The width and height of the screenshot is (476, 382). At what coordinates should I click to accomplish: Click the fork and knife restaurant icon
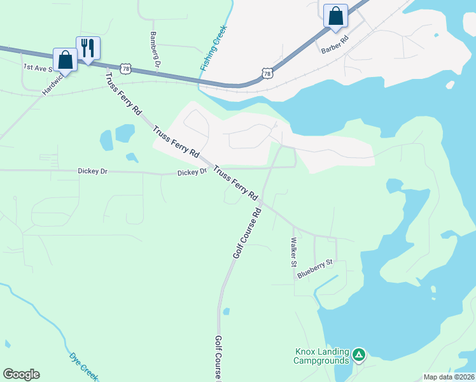pos(88,48)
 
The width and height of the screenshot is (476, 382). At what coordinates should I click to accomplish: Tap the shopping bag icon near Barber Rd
pos(335,16)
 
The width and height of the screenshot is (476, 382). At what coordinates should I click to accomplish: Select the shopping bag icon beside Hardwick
pos(65,60)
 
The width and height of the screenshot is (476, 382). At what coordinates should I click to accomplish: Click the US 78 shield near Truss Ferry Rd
pos(125,68)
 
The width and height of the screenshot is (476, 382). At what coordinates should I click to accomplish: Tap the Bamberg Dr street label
pos(153,48)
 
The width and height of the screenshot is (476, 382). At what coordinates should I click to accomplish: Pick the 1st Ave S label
pos(38,67)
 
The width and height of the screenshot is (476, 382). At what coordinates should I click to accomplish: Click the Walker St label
pos(294,252)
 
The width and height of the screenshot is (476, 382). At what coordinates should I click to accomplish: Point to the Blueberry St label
pos(315,269)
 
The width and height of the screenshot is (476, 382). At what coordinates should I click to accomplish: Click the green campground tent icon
pos(360,355)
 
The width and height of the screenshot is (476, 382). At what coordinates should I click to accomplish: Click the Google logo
pos(21,374)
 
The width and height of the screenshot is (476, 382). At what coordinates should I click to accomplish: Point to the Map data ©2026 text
pos(449,377)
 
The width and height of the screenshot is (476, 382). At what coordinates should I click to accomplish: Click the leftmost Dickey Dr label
pos(95,171)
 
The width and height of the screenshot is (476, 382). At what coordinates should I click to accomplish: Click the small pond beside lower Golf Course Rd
pos(226,311)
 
